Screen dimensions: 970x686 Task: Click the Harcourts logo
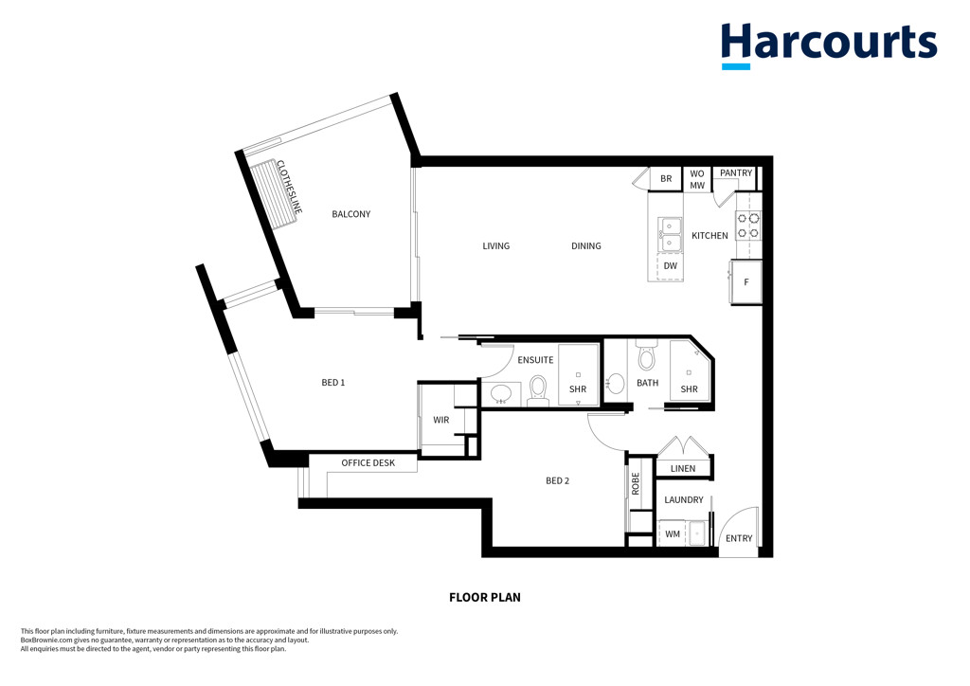pyautogui.click(x=829, y=45)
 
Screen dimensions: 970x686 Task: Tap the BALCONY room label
pyautogui.click(x=350, y=214)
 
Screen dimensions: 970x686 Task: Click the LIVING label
pyautogui.click(x=496, y=246)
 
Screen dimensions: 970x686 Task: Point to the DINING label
pyautogui.click(x=585, y=246)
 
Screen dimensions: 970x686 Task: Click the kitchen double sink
pyautogui.click(x=670, y=235)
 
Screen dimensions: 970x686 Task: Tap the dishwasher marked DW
pyautogui.click(x=670, y=266)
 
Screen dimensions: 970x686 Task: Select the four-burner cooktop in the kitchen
pyautogui.click(x=748, y=226)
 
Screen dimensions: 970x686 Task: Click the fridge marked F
pyautogui.click(x=746, y=282)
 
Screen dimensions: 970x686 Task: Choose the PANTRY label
pyautogui.click(x=736, y=173)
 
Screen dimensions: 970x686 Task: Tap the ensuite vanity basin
pyautogui.click(x=500, y=394)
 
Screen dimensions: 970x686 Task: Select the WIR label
pyautogui.click(x=441, y=420)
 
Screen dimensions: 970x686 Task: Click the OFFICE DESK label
pyautogui.click(x=368, y=462)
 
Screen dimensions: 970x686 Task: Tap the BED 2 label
pyautogui.click(x=557, y=480)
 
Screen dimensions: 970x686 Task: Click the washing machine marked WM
pyautogui.click(x=673, y=533)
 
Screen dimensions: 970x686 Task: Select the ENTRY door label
pyautogui.click(x=739, y=539)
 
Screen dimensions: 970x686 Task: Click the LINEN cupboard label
pyautogui.click(x=683, y=469)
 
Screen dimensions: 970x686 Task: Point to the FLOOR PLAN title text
pyautogui.click(x=485, y=598)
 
